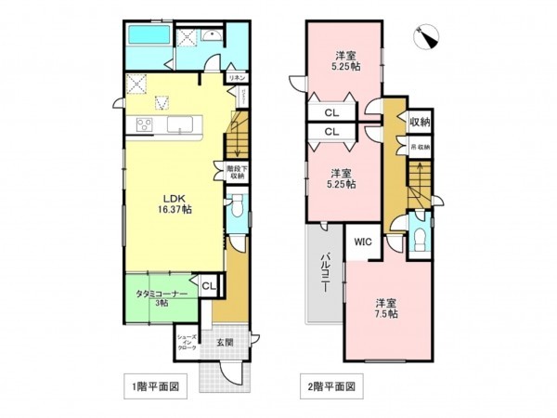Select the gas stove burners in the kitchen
147,124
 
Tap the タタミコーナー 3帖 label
161,297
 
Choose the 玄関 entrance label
226,342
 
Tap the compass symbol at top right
430,35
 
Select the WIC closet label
361,242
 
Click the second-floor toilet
420,234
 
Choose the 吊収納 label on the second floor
420,147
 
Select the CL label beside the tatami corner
208,287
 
